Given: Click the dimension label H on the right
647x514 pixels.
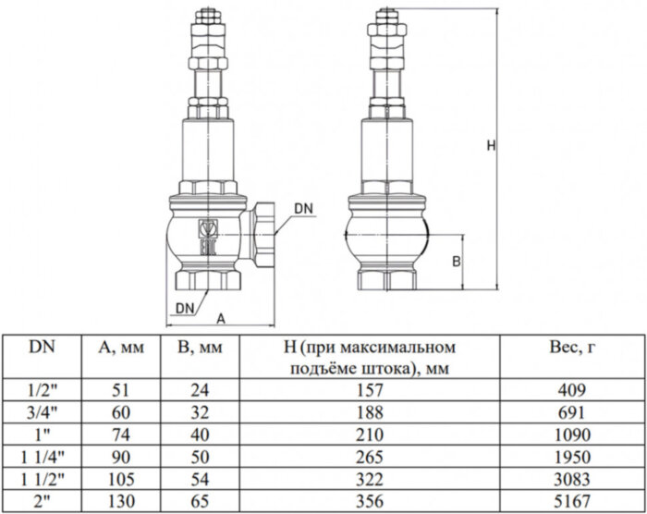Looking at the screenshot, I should point(491,145).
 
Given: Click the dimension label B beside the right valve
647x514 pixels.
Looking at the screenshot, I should point(456,262).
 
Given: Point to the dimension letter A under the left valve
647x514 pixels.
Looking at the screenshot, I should point(220,317).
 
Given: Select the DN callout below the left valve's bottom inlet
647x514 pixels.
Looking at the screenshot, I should point(183,306).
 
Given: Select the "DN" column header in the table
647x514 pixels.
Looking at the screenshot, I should point(42,348).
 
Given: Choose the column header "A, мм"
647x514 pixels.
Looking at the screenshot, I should point(119,349).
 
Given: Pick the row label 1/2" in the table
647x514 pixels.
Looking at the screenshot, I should point(42,389).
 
